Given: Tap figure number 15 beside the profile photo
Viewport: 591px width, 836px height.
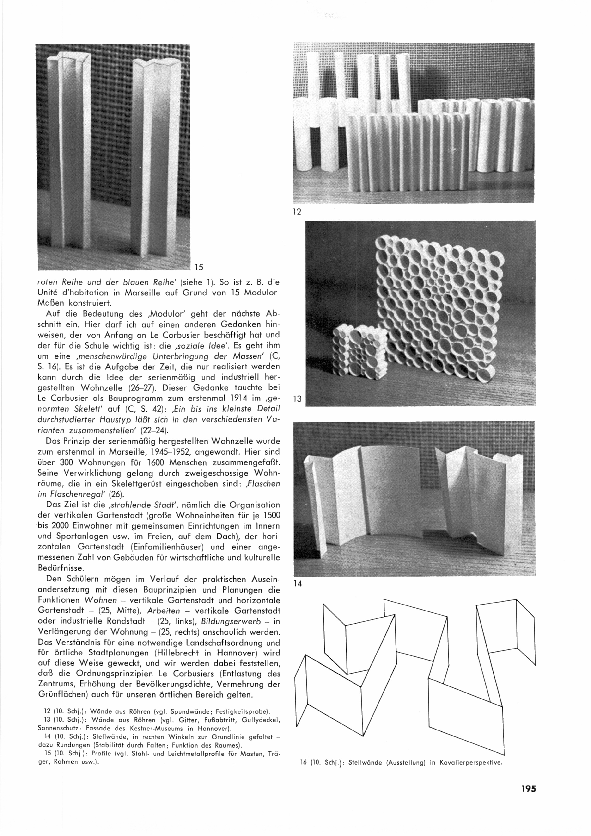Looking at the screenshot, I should click(198, 267).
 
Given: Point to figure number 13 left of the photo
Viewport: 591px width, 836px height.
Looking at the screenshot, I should click(297, 399).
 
